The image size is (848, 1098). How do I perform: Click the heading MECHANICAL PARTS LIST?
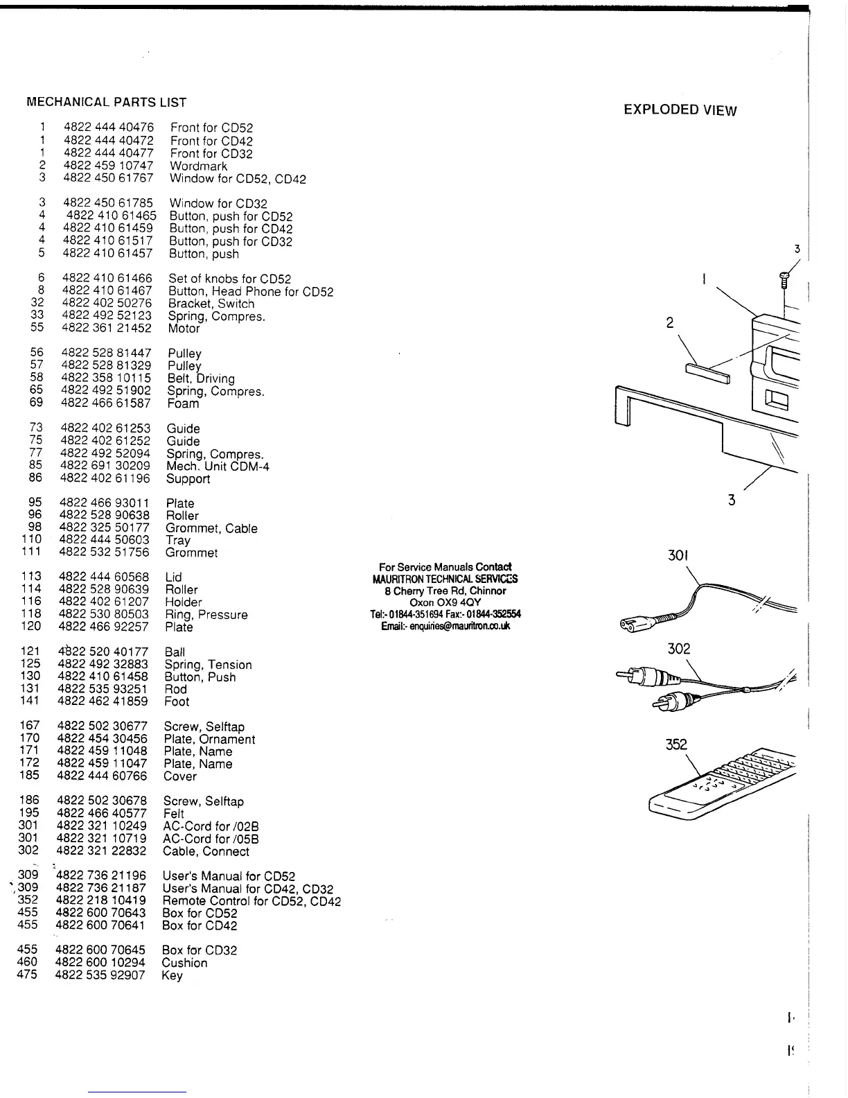[106, 103]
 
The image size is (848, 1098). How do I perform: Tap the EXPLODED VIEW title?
[680, 110]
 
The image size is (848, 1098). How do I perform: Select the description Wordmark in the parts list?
[198, 166]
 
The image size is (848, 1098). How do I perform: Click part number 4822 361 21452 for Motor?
[107, 329]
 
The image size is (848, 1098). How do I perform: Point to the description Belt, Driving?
[201, 378]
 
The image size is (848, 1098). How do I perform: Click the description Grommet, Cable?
[211, 529]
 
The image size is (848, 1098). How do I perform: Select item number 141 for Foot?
[30, 701]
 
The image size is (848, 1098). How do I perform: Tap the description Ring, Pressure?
[206, 615]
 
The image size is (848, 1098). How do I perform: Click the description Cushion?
[184, 963]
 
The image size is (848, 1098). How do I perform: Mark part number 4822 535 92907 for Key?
[100, 975]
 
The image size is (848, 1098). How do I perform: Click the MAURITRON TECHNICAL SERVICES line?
[445, 579]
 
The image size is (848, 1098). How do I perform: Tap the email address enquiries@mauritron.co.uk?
[445, 626]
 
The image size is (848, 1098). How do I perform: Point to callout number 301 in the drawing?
[678, 556]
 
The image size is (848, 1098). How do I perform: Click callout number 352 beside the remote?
[675, 745]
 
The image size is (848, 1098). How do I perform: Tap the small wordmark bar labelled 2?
[707, 374]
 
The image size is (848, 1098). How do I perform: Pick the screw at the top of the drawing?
[784, 278]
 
